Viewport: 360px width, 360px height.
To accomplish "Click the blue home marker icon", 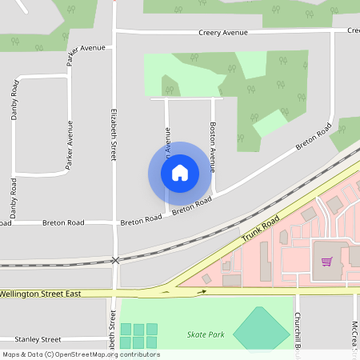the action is [179, 173].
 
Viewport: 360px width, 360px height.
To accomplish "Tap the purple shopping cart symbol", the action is [326, 261].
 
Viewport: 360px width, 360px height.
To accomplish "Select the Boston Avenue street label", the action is [212, 148].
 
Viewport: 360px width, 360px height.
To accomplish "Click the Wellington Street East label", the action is [42, 294].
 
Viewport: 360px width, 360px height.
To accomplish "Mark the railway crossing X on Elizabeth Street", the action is [116, 261].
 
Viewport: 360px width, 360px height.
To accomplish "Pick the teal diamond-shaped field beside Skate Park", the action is [262, 328].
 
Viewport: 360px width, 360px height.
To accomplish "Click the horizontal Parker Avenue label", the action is [87, 48].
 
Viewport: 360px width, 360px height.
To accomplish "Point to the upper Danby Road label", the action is [14, 101].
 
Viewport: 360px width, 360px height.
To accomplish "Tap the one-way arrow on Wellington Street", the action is [202, 291].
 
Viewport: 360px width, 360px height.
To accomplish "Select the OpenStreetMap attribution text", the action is [81, 354].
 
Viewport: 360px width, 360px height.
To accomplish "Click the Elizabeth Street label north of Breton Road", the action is [114, 133].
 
